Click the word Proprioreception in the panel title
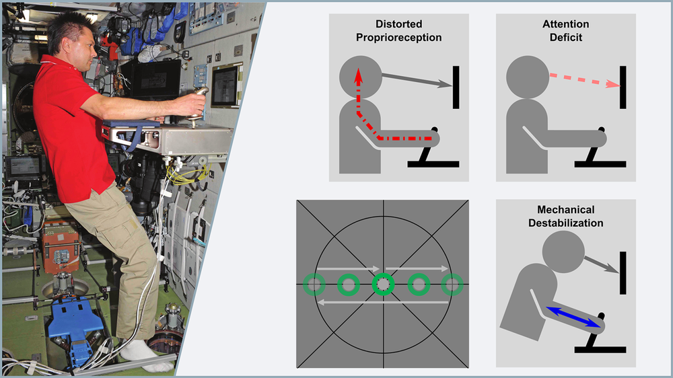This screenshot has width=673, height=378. coord(398,38)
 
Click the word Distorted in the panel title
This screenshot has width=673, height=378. coord(398,24)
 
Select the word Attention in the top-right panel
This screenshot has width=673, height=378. coord(566,24)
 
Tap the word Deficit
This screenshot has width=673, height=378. coord(566,37)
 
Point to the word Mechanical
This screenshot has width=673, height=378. coord(566,210)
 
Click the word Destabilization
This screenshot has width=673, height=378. coord(566,223)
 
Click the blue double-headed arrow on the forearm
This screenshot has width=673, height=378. coord(573,317)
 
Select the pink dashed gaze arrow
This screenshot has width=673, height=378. coord(585,80)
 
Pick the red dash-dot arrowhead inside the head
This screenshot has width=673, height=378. coord(359,75)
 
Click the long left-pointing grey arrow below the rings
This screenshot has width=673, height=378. coord(383,303)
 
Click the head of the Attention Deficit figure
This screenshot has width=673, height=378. coord(528,77)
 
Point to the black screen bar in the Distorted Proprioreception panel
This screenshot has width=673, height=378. coord(456,87)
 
